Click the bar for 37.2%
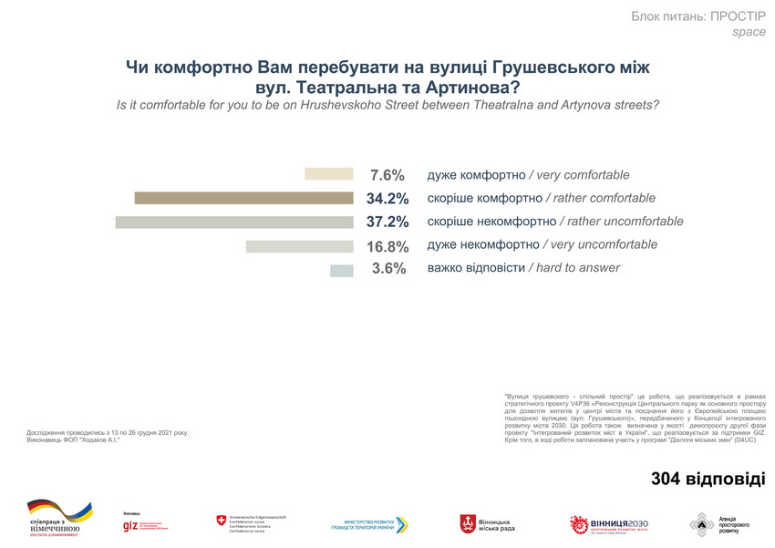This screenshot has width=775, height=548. click(x=234, y=222)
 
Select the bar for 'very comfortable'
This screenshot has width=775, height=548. click(x=328, y=174)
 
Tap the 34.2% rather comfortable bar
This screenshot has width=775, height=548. click(x=243, y=198)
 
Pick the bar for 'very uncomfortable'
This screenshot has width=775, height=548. click(x=299, y=245)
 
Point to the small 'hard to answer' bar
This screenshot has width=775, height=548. click(x=341, y=269)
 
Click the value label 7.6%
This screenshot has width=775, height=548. click(x=387, y=175)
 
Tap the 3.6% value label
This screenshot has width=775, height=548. click(x=387, y=269)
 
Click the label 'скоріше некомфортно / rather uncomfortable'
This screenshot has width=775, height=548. click(x=554, y=222)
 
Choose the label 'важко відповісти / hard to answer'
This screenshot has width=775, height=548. click(x=523, y=268)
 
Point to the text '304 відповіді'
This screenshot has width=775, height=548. click(x=708, y=479)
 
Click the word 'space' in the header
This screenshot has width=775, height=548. click(x=749, y=33)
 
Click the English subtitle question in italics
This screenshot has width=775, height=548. click(x=387, y=105)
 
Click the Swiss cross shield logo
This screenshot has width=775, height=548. click(x=221, y=521)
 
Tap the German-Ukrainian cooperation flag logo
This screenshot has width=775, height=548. click(x=59, y=512)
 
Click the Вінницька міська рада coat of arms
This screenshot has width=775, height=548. click(x=468, y=523)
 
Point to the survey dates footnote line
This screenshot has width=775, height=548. click(x=108, y=432)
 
